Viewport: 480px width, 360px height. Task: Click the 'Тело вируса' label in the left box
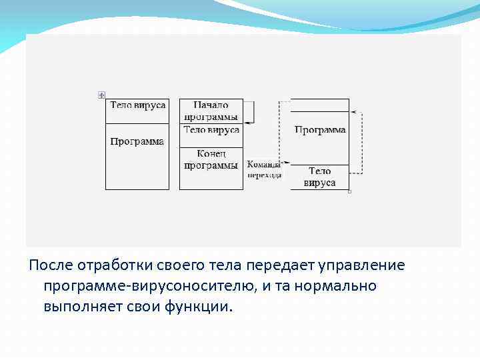click(x=137, y=105)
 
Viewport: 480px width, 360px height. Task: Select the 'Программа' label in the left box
click(x=137, y=142)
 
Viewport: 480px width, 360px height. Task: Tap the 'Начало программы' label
click(x=211, y=111)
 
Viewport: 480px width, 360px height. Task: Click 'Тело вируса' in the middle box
click(x=211, y=130)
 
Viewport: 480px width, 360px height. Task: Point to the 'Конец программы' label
click(x=211, y=159)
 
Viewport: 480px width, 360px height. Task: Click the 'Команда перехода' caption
click(x=263, y=169)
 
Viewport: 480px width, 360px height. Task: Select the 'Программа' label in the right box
click(x=320, y=130)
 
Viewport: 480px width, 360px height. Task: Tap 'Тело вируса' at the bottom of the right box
click(x=320, y=177)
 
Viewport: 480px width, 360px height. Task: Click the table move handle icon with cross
click(x=101, y=95)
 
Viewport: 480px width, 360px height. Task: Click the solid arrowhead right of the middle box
click(x=247, y=122)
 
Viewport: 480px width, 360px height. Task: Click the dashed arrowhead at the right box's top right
click(x=353, y=112)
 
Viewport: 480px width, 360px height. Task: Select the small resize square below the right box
click(x=349, y=191)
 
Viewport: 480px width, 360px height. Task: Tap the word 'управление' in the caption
click(x=365, y=265)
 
